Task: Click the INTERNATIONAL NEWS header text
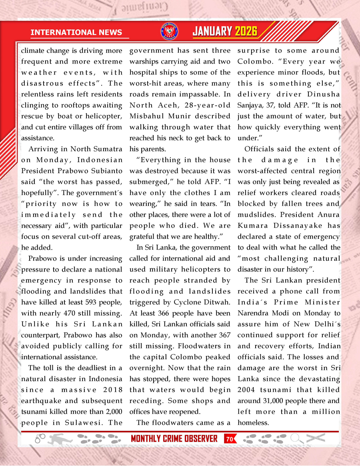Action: pyautogui.click(x=76, y=32)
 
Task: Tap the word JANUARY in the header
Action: pyautogui.click(x=212, y=32)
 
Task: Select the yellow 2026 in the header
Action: pyautogui.click(x=246, y=32)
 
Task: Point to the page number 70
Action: pyautogui.click(x=230, y=438)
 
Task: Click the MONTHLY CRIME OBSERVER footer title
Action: pyautogui.click(x=174, y=438)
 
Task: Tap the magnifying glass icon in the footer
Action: pyautogui.click(x=296, y=438)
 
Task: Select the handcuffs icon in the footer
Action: pyautogui.click(x=40, y=438)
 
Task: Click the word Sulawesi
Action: pyautogui.click(x=84, y=422)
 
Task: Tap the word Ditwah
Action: pyautogui.click(x=218, y=302)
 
